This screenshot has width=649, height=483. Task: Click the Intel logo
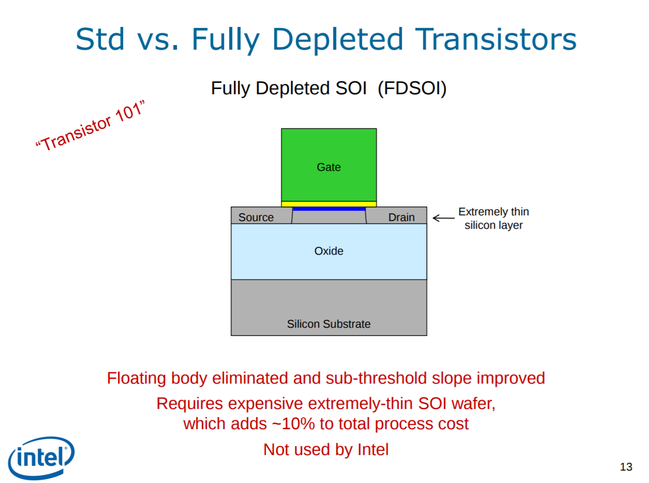click(x=41, y=458)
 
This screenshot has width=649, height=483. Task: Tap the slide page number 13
click(x=626, y=467)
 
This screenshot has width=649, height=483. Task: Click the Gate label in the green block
click(x=328, y=167)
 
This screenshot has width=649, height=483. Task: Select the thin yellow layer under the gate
click(x=328, y=204)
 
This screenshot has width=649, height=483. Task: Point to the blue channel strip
click(x=329, y=209)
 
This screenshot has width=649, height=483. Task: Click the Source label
click(x=256, y=217)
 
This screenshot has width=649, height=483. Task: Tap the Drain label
click(x=401, y=217)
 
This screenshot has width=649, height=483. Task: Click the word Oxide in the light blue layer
click(x=328, y=251)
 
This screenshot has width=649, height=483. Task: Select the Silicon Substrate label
click(x=328, y=324)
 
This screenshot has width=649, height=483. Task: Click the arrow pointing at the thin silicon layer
click(x=444, y=218)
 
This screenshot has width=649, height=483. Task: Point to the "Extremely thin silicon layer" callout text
click(x=494, y=218)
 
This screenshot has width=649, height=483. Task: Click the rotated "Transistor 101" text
click(x=90, y=126)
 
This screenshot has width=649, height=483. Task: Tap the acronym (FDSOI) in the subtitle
click(x=412, y=88)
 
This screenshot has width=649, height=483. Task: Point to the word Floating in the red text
click(x=137, y=378)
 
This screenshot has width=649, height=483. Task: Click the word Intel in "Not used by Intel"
click(x=373, y=449)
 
